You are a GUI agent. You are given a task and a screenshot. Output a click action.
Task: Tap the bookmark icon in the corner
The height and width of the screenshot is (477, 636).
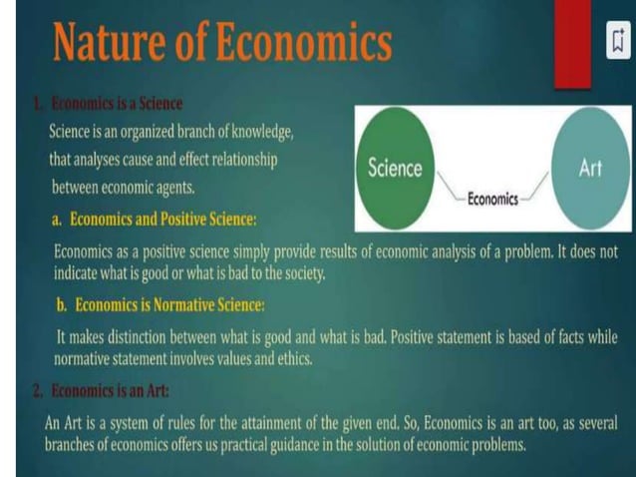618,41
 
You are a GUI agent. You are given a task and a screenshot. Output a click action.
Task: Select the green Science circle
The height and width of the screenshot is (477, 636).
395,168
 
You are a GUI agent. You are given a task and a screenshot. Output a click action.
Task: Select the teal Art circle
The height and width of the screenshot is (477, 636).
590,168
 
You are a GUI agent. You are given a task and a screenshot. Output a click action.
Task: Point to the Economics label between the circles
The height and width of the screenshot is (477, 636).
492,199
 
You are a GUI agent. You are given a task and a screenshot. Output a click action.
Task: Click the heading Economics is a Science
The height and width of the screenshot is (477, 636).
115,103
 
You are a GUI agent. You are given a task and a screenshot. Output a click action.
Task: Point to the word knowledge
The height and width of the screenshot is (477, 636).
258,131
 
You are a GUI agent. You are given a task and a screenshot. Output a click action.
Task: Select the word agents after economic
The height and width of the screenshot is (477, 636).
169,187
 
